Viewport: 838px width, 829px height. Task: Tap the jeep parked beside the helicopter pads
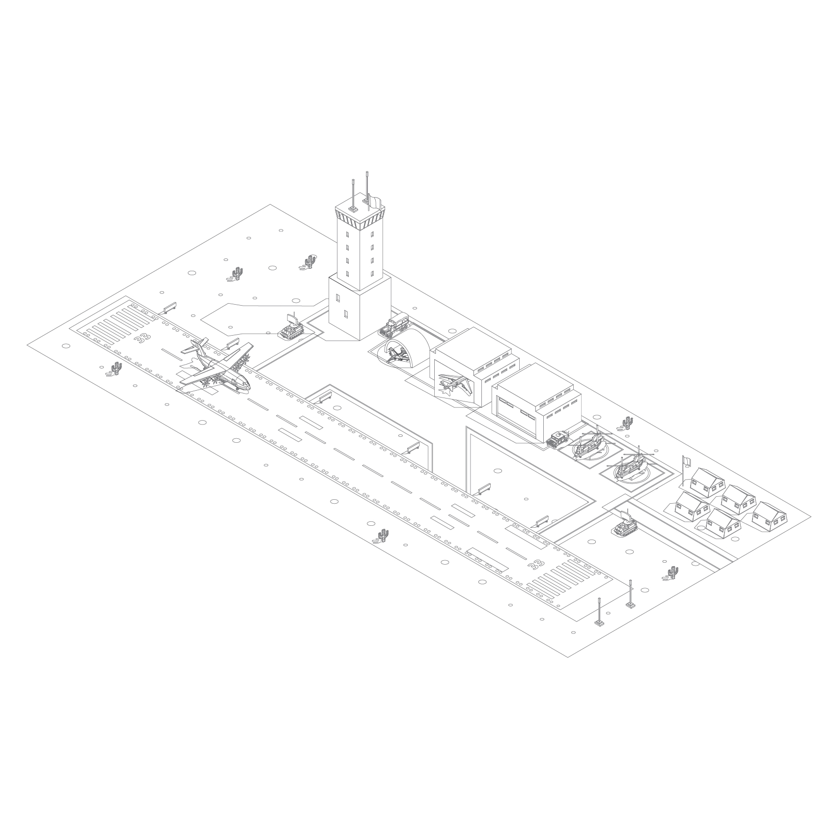558,438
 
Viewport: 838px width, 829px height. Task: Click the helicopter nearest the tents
631,465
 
